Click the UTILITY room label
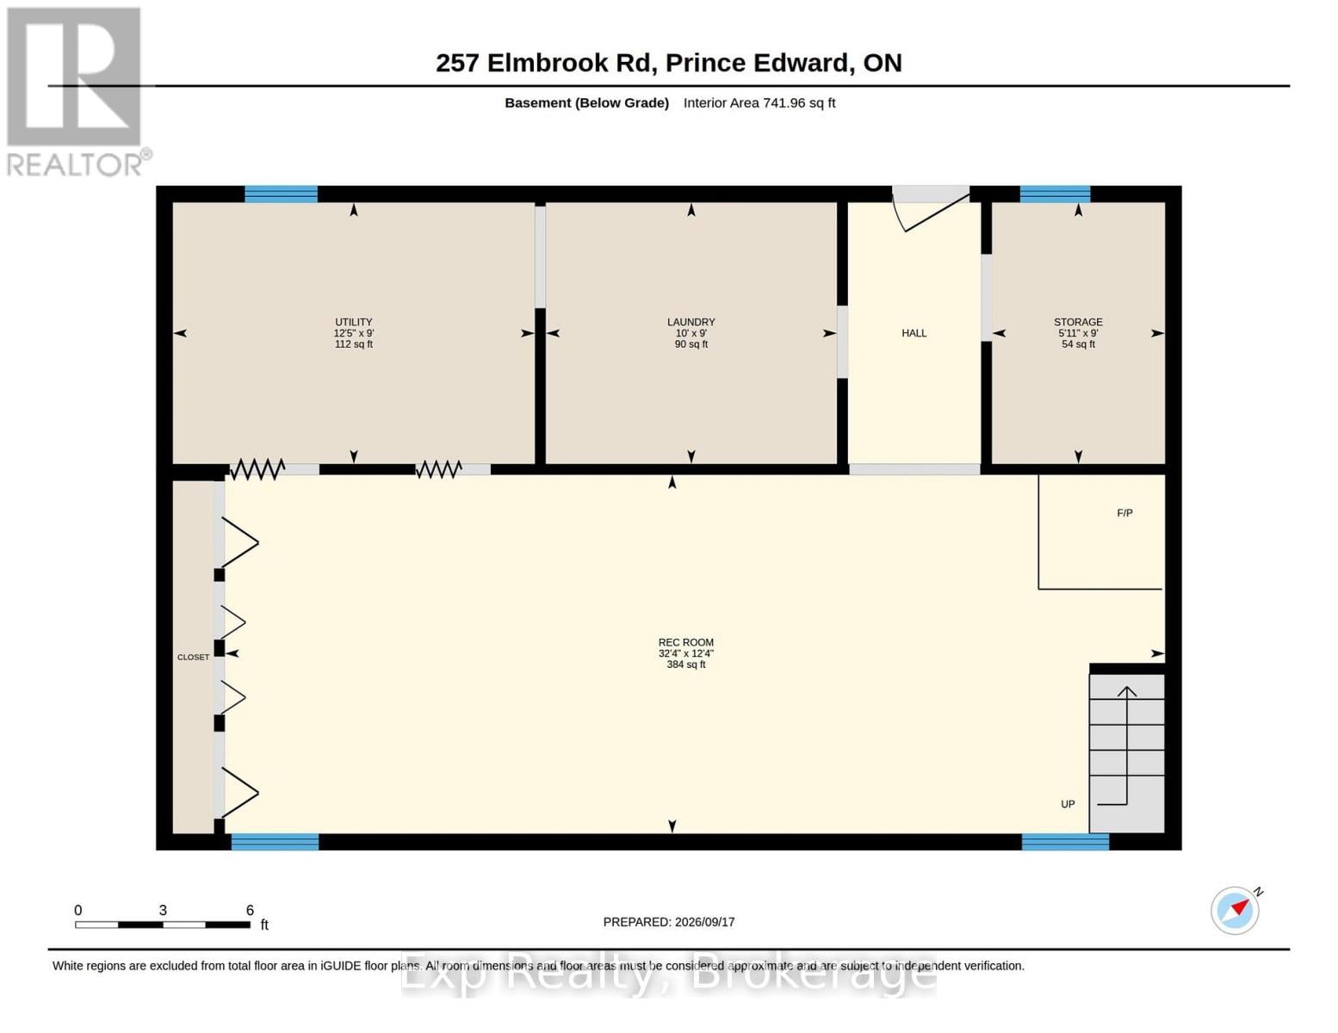[x=353, y=322]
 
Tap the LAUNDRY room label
[x=691, y=322]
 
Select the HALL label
[x=914, y=333]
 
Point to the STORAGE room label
[x=1077, y=322]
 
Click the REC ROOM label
[x=686, y=642]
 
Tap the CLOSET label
[x=194, y=657]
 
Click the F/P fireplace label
[x=1124, y=513]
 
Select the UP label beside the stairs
[x=1068, y=804]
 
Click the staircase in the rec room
[x=1127, y=753]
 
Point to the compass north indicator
[x=1236, y=911]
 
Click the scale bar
[x=163, y=925]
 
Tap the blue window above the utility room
[x=281, y=194]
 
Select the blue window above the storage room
[x=1055, y=194]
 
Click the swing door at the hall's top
[x=931, y=208]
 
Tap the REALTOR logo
[x=77, y=92]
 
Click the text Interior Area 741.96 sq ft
[x=759, y=102]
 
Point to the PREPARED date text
[x=669, y=922]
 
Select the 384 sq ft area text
[x=686, y=665]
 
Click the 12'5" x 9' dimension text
[x=353, y=333]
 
